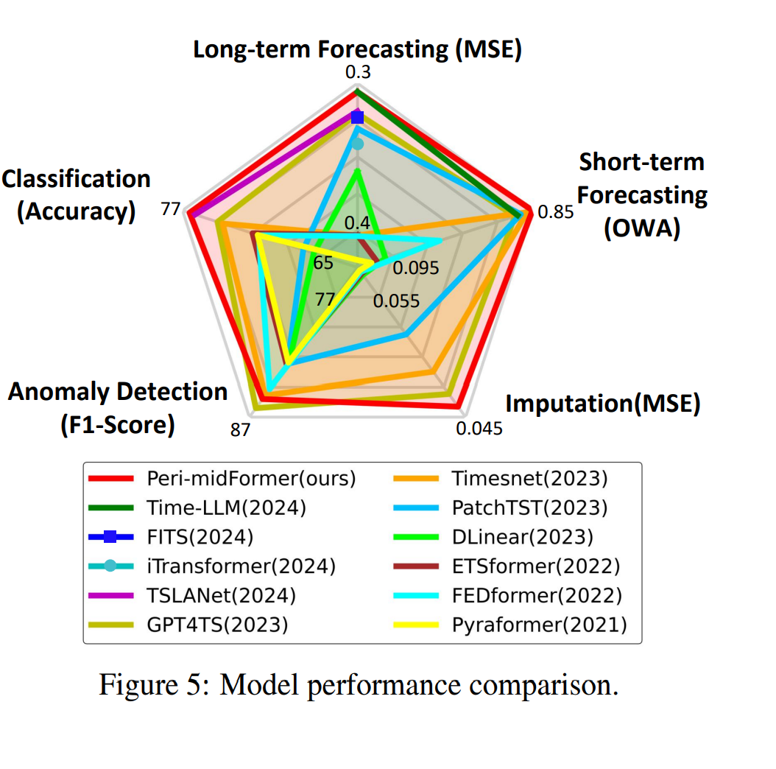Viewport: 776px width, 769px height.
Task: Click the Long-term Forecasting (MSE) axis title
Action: click(357, 50)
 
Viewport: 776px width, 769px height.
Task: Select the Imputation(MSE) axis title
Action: click(602, 403)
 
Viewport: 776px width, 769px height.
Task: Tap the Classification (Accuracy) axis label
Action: click(77, 194)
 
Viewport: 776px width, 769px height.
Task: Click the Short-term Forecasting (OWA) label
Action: click(641, 195)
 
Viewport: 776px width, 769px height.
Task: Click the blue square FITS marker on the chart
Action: click(358, 117)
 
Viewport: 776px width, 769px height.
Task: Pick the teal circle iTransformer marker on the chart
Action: click(358, 144)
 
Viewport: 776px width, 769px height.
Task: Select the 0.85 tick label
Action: click(555, 213)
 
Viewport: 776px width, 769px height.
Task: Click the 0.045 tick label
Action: click(479, 428)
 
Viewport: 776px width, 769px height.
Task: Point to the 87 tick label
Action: click(241, 430)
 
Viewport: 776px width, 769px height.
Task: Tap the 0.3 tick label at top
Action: click(358, 72)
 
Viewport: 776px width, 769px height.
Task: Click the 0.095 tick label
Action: click(415, 268)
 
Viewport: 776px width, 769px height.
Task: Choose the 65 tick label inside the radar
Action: click(322, 263)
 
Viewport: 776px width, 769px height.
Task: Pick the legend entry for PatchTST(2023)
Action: click(529, 508)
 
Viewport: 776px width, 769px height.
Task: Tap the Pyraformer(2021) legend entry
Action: click(539, 625)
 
